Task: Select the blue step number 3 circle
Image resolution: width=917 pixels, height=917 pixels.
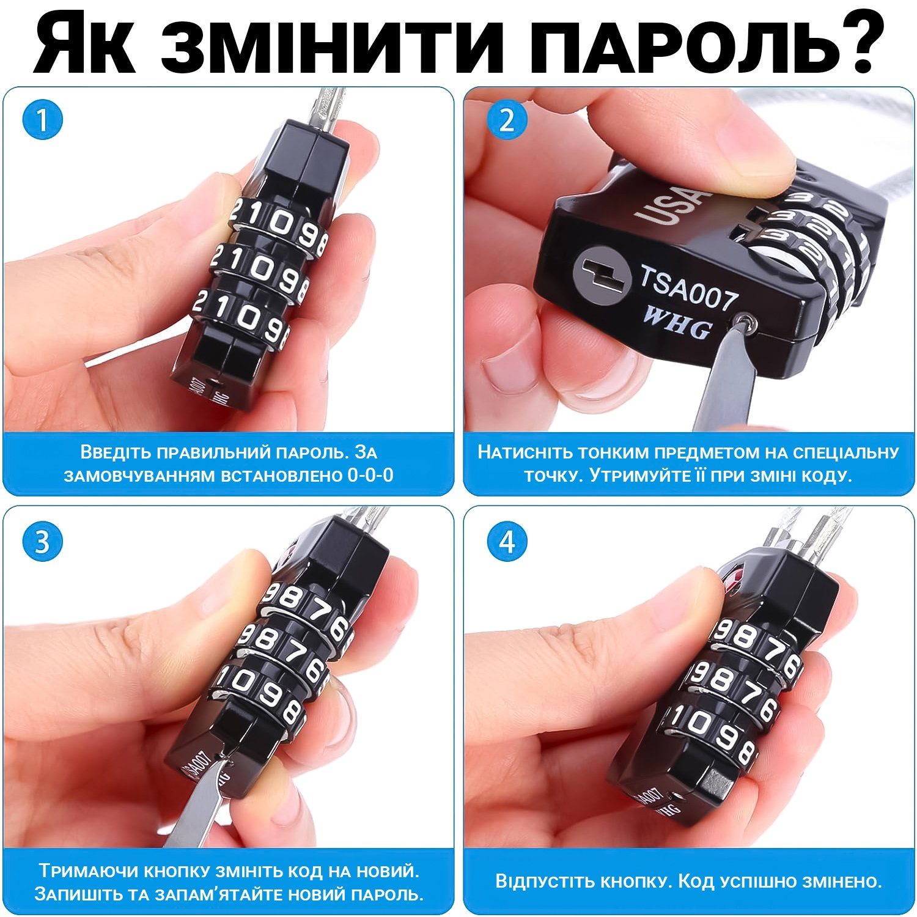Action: [42, 541]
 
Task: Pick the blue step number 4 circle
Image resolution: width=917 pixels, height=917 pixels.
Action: [507, 541]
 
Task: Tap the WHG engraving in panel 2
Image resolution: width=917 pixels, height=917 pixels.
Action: [677, 322]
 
